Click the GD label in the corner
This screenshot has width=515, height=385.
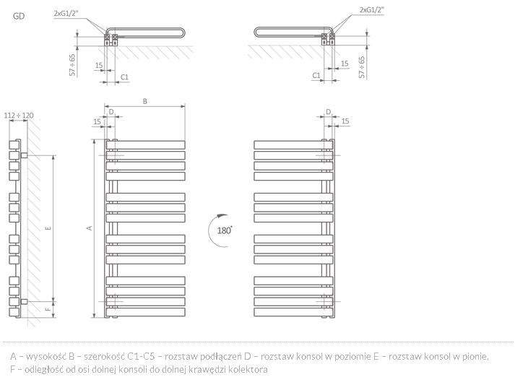point(19,16)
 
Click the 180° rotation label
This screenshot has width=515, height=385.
point(225,230)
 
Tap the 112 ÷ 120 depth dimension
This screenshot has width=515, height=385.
point(19,116)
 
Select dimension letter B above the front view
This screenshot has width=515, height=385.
point(145,101)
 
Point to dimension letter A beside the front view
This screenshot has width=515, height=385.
point(90,228)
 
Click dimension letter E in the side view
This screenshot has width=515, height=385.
point(48,228)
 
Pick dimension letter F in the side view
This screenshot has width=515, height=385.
point(48,308)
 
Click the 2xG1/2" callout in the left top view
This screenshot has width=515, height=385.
point(66,14)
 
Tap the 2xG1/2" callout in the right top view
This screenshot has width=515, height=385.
point(372,10)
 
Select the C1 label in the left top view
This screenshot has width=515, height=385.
point(124,77)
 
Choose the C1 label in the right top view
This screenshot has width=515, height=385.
point(316,75)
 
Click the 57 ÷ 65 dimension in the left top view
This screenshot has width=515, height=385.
point(72,65)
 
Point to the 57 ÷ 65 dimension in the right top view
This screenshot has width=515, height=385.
point(362,67)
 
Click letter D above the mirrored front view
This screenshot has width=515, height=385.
point(328,112)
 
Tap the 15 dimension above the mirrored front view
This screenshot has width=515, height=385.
point(345,121)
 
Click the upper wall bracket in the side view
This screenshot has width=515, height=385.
point(24,155)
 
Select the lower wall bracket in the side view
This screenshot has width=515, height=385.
point(24,301)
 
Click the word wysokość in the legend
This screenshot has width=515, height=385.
point(46,356)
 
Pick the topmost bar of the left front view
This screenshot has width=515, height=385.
point(145,145)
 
